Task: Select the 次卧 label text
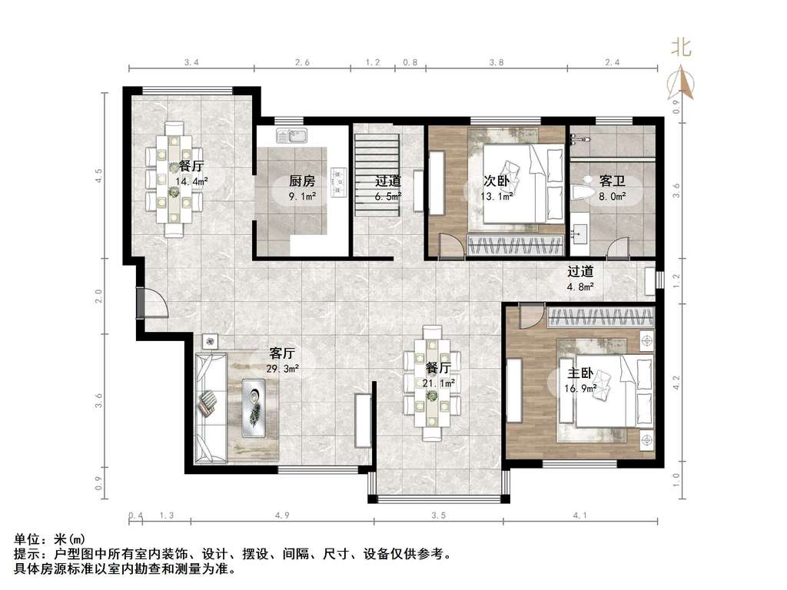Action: pos(496,181)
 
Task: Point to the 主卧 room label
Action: pos(579,373)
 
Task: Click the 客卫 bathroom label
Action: pos(612,181)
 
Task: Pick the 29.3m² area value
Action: pos(281,369)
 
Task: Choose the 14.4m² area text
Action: pos(191,182)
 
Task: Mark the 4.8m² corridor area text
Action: pos(580,287)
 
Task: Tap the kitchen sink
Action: pos(293,137)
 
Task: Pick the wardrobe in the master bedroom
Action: pos(600,316)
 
